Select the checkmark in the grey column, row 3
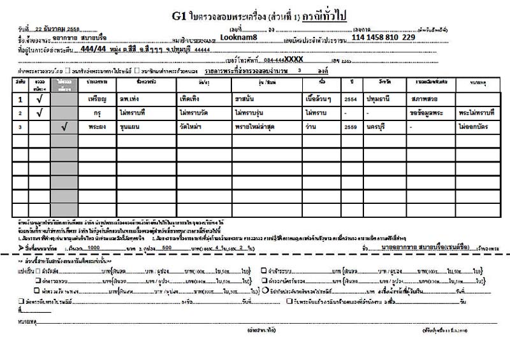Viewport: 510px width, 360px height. (63, 127)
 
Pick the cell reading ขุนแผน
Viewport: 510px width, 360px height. (132, 127)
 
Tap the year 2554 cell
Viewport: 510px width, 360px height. (349, 100)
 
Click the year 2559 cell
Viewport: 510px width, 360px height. (349, 127)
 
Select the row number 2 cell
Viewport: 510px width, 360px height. (20, 113)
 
